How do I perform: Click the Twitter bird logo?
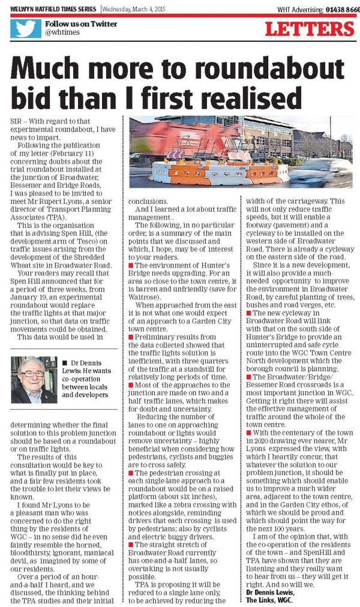pyautogui.click(x=25, y=28)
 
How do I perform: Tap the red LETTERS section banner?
pyautogui.click(x=310, y=28)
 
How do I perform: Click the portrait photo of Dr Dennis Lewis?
pyautogui.click(x=34, y=380)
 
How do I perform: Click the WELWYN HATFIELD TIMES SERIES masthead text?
pyautogui.click(x=51, y=9)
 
